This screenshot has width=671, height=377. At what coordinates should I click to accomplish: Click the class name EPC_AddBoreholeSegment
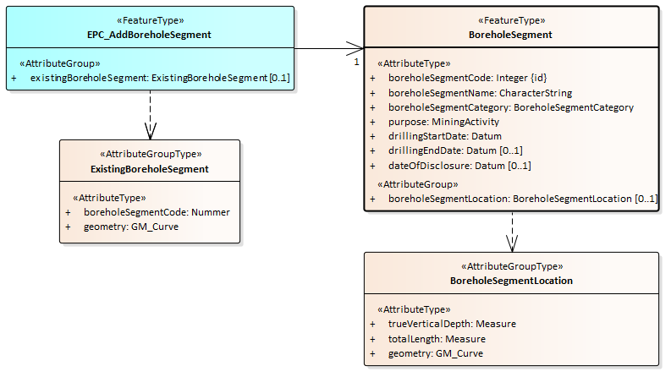[150, 35]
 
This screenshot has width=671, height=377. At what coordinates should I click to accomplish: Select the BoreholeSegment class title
[510, 35]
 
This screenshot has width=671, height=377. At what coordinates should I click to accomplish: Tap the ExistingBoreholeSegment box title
[150, 169]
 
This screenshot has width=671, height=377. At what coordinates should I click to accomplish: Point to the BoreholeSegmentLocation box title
[511, 280]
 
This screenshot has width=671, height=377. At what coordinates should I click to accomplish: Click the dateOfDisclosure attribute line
[459, 166]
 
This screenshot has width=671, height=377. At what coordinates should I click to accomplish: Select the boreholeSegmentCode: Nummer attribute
[157, 212]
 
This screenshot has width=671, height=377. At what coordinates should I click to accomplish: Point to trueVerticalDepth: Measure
[452, 324]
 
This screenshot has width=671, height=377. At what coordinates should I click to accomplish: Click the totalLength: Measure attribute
[437, 339]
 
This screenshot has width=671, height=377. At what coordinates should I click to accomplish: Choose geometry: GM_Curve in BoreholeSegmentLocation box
[436, 353]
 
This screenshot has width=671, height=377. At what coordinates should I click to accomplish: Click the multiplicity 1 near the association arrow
[356, 62]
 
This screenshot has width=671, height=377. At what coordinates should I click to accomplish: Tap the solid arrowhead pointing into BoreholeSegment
[356, 48]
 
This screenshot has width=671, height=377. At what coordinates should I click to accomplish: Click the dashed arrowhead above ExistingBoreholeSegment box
[151, 131]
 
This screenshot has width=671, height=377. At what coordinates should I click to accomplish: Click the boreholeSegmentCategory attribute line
[510, 107]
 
